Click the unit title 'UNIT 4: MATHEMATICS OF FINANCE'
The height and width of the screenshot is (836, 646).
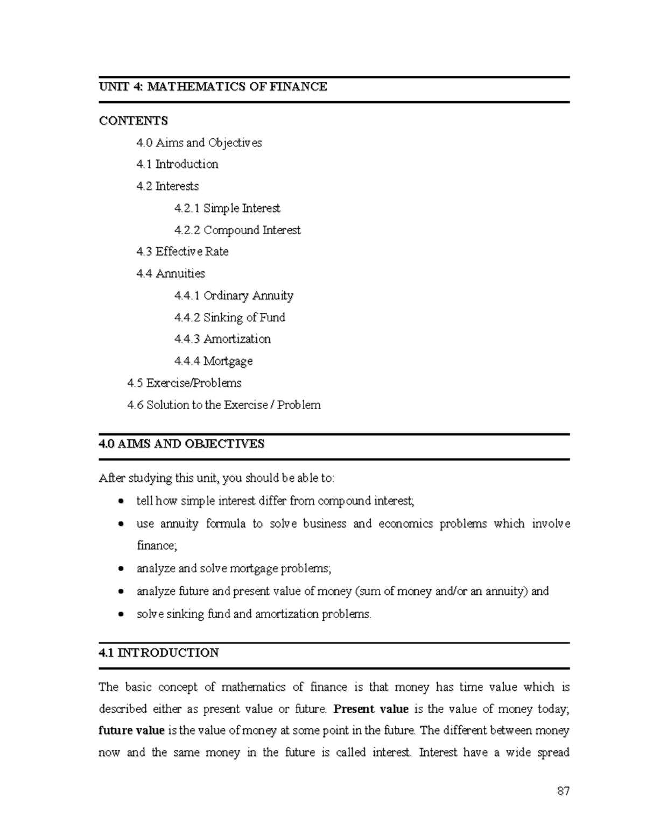[213, 87]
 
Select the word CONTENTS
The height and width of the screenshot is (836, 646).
[134, 121]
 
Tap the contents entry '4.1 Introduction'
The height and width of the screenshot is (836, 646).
[177, 164]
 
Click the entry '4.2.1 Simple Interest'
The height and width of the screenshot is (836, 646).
[227, 208]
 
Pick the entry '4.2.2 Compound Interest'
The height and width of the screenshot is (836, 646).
[237, 230]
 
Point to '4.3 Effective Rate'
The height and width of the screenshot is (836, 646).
[182, 252]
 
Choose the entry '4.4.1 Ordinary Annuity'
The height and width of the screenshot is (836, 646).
[234, 296]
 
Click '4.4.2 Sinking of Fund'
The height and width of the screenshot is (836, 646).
[229, 318]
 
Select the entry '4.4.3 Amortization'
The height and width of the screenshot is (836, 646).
[222, 339]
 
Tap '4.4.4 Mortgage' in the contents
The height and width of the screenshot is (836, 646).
[213, 361]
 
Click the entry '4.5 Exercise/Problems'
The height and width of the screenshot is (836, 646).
[184, 383]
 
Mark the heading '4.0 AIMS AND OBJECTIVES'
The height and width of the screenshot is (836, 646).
[181, 444]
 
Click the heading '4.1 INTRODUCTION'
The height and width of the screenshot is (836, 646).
[159, 653]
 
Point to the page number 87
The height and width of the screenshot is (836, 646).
[563, 791]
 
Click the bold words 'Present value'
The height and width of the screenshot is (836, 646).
[371, 709]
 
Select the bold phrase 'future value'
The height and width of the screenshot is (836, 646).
[131, 731]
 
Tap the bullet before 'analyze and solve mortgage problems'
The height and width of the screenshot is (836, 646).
[122, 569]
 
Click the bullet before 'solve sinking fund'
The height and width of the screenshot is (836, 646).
[122, 614]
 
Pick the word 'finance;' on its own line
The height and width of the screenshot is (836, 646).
[157, 546]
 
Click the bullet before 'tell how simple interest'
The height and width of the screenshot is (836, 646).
[122, 501]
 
